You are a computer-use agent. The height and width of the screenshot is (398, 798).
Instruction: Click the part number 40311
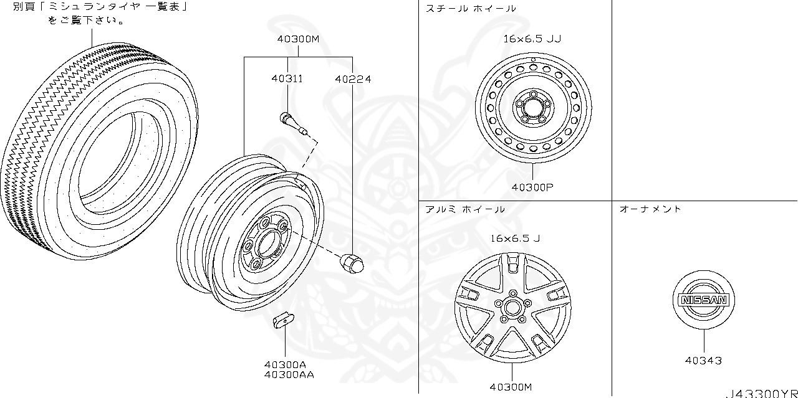coord(287,79)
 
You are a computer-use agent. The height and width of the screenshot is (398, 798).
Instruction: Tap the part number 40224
coord(352,79)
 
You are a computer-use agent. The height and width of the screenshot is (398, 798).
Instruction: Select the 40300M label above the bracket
coord(298,39)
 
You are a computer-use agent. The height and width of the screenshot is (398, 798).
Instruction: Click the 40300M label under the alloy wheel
coord(511,387)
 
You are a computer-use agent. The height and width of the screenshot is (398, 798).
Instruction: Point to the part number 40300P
coord(533,187)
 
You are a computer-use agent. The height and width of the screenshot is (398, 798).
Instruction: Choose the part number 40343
coord(703,361)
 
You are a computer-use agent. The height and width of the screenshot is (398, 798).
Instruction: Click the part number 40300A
coord(285,364)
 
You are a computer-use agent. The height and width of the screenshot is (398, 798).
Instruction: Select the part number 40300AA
coord(289,374)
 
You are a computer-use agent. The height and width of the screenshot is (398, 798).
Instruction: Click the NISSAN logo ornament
coord(703,300)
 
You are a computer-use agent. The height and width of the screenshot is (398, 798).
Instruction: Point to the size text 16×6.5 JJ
coord(532,39)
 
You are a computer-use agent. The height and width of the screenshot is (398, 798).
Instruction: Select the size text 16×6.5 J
coord(515,238)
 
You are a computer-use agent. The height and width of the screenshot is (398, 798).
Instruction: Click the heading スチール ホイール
coord(471,9)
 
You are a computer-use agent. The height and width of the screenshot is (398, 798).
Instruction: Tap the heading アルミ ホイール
coord(465,209)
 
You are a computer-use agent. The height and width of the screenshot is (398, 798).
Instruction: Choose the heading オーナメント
coord(650,209)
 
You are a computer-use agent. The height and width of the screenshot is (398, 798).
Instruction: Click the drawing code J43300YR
coord(761,393)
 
